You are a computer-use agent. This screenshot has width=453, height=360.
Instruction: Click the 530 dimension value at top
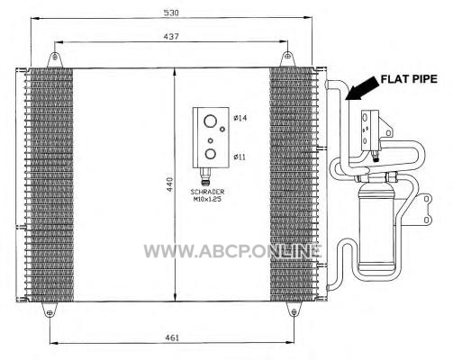(x=171, y=13)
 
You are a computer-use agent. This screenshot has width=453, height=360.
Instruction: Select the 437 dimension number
(x=171, y=37)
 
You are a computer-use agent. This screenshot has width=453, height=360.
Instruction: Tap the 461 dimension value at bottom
(x=172, y=337)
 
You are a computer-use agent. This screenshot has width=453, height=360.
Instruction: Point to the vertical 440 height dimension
(x=170, y=184)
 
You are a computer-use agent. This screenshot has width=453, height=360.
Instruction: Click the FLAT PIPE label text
(x=409, y=79)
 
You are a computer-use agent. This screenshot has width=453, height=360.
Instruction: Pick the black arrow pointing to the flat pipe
(x=360, y=88)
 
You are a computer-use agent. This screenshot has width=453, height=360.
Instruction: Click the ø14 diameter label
(x=240, y=118)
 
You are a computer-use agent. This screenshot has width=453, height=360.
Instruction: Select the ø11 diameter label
(x=240, y=157)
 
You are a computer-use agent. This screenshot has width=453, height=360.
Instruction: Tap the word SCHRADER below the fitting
(x=207, y=192)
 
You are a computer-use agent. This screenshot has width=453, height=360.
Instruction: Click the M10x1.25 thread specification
(x=207, y=199)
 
